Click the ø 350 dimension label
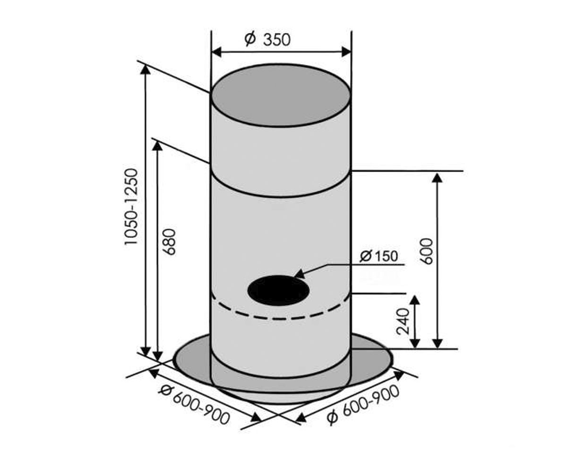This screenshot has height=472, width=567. [267, 39]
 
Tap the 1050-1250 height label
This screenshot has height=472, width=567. [131, 207]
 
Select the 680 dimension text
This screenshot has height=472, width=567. [170, 242]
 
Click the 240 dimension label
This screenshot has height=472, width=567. [403, 321]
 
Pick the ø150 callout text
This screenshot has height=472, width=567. [378, 256]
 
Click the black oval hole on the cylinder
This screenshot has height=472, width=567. [278, 290]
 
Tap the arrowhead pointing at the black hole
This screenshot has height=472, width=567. [300, 274]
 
